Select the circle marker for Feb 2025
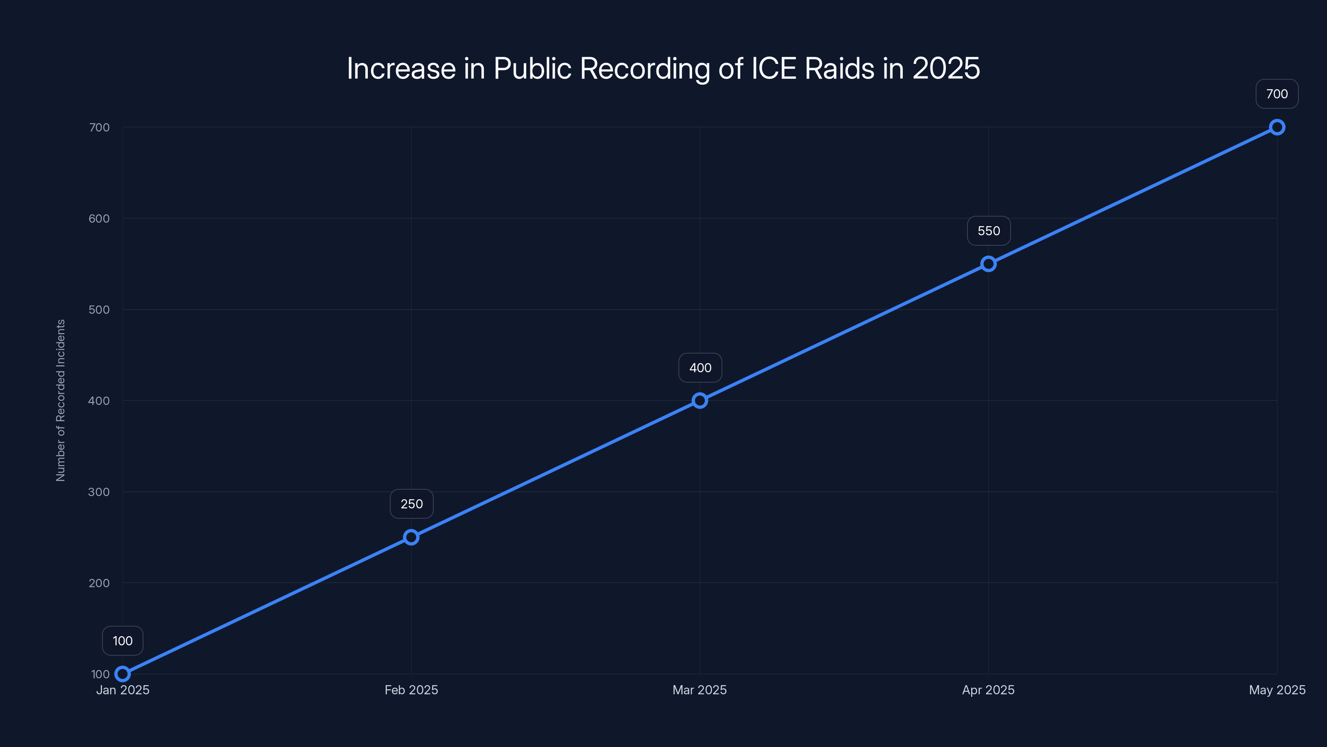pos(411,537)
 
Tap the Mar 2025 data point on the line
pos(700,400)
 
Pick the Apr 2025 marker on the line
pos(988,264)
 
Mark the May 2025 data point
pos(1276,127)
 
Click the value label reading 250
pos(412,504)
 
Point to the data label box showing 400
pos(700,368)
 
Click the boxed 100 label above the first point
pos(123,641)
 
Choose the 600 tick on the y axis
pos(99,219)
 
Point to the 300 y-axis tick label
pos(99,492)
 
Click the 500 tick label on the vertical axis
pos(99,310)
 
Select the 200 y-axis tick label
pos(99,583)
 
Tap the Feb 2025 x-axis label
pos(411,690)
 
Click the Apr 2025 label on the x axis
pos(988,690)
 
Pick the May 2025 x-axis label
pos(1276,690)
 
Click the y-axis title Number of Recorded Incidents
pos(61,400)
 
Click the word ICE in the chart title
pos(774,68)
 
